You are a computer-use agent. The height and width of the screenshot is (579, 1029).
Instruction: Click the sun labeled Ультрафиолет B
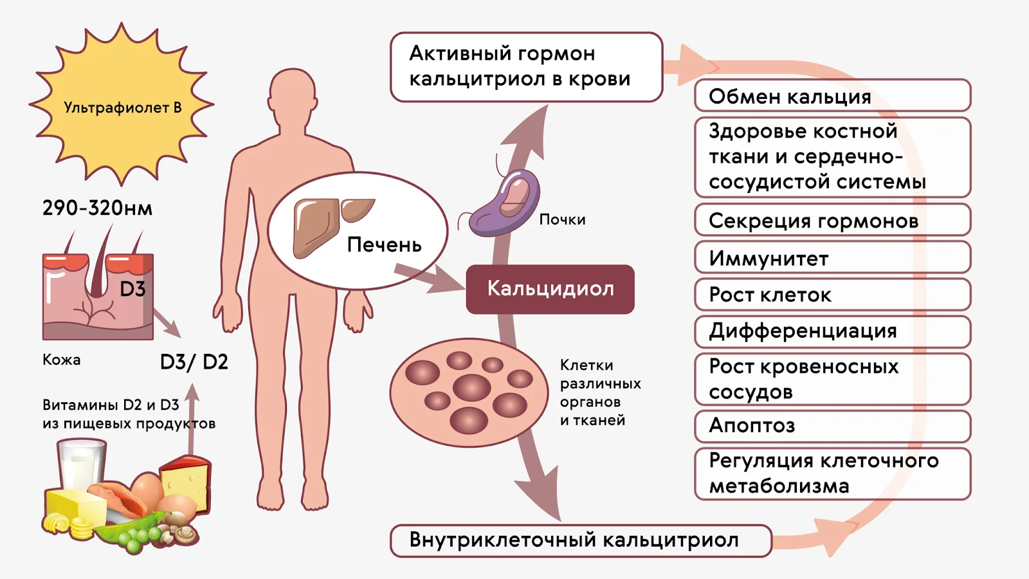click(x=122, y=105)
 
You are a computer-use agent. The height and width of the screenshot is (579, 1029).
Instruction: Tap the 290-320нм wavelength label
click(x=97, y=208)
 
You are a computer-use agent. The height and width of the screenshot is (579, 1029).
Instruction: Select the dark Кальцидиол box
click(x=551, y=289)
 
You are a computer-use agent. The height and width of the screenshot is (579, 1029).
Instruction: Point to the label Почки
click(x=562, y=219)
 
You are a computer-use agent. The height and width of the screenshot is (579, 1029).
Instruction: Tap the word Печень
click(x=384, y=245)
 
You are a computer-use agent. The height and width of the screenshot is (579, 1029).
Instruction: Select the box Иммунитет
click(x=832, y=257)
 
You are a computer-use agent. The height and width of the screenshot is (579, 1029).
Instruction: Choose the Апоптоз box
click(x=832, y=426)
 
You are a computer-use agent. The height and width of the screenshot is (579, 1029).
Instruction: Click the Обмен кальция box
click(x=832, y=96)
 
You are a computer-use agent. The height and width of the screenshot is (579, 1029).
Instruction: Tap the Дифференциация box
click(x=832, y=331)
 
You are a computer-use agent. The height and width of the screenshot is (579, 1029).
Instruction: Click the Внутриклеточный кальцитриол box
click(x=581, y=541)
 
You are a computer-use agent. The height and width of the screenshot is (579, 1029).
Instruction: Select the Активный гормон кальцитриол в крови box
click(x=527, y=67)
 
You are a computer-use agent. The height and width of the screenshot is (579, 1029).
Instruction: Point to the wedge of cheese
click(x=185, y=483)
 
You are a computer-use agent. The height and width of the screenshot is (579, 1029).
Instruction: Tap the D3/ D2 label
click(x=194, y=362)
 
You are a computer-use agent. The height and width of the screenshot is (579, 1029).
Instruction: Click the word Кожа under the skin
click(x=62, y=360)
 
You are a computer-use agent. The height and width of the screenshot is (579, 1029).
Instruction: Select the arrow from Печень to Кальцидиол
click(x=429, y=277)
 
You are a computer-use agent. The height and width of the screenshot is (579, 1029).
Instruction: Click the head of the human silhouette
click(x=293, y=93)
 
